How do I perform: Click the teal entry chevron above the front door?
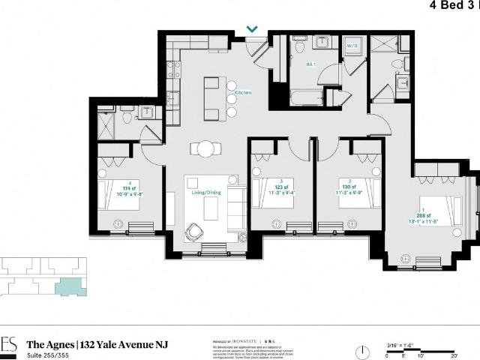point(253,30)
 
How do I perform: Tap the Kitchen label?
point(243,92)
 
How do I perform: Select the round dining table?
point(205,148)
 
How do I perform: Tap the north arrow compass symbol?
point(363,349)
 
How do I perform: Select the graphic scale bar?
point(430,348)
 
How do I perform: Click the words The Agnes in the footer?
point(49,344)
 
